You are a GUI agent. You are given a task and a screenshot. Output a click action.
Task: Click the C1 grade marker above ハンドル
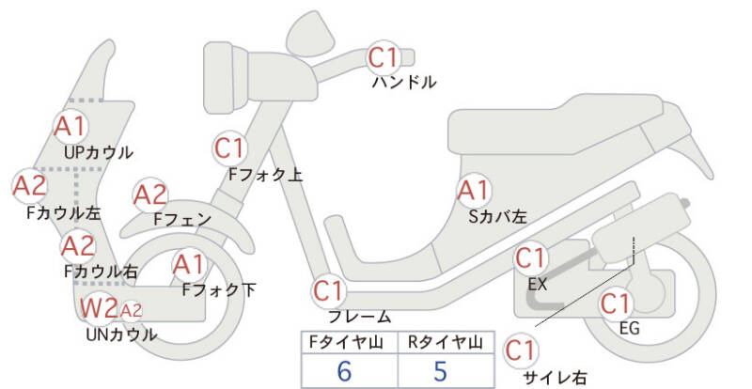pos(384,58)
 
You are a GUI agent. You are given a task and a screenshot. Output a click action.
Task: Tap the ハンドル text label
pos(403,83)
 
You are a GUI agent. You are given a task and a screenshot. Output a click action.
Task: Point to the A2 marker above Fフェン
pos(149,194)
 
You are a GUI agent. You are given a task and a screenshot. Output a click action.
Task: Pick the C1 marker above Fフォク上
pos(229,148)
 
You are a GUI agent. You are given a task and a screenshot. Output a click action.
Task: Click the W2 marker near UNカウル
pos(98,307)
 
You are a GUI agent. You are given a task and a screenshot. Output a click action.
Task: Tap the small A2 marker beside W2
pos(131,310)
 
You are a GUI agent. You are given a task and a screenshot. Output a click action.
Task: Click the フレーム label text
pos(359,317)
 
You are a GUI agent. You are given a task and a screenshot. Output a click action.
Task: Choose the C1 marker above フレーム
pos(329,290)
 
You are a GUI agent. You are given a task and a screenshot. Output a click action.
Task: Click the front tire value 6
pos(344,371)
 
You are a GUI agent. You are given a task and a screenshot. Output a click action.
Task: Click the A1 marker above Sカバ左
pos(473,191)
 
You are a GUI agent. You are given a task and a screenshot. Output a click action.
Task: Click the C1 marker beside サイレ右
pos(521,350)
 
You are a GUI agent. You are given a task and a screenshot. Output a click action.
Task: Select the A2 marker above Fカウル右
pos(77,247)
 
